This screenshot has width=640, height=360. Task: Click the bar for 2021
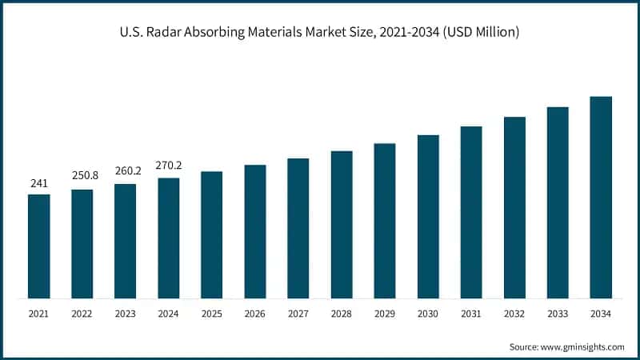(39, 246)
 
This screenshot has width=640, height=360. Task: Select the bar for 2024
(169, 238)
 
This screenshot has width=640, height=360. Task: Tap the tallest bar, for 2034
(601, 198)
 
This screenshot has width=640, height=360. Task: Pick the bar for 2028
(342, 225)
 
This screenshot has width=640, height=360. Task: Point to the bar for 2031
(471, 212)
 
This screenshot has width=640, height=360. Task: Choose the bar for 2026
(255, 232)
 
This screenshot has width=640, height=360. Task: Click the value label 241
(39, 184)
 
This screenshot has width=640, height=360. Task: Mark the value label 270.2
(169, 166)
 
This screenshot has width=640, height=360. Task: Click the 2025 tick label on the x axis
(212, 314)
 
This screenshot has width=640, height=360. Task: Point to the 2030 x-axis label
(428, 314)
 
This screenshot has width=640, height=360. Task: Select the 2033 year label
(558, 314)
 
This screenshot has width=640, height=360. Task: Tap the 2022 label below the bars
(82, 314)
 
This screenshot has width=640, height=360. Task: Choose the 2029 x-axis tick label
(385, 314)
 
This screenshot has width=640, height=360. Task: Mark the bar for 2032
(514, 207)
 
